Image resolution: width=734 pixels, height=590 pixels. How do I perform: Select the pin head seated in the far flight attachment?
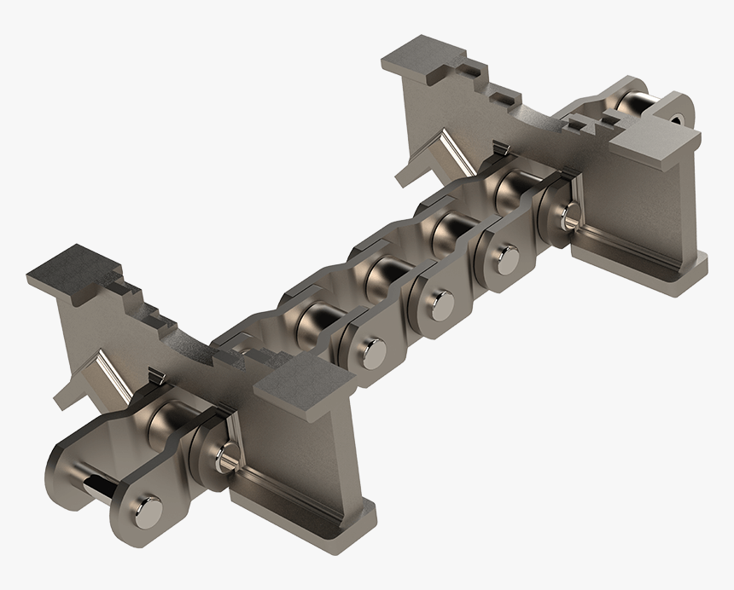point(567,215)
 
